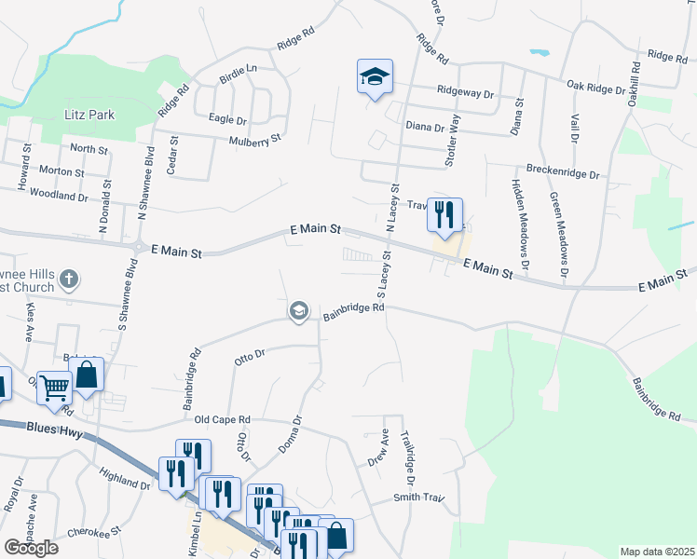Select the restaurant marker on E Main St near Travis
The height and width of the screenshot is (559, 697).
coord(444,214)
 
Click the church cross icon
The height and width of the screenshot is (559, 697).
coord(68,279)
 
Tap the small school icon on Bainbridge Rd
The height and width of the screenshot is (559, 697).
coord(299,311)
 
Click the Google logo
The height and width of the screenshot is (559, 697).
coord(31,548)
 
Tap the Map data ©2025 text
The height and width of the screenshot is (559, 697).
coord(657,552)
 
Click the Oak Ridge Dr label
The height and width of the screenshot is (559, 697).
coord(596,88)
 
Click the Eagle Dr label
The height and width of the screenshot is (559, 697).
coord(227,119)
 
